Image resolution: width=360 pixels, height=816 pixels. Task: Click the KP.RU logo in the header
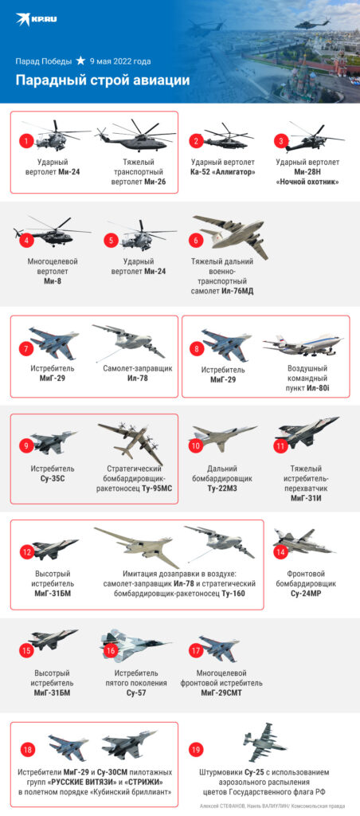tap(37, 19)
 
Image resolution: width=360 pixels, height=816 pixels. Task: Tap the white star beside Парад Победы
tap(80, 61)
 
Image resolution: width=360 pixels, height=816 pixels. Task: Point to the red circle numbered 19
tap(196, 750)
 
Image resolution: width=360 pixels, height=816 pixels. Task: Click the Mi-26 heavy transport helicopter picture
tap(136, 135)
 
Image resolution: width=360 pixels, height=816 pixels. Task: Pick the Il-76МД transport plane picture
tap(231, 235)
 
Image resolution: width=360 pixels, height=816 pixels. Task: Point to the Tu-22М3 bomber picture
tap(223, 437)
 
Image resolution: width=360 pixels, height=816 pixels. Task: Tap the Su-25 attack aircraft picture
tap(264, 742)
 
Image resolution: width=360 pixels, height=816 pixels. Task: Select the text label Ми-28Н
tap(307, 172)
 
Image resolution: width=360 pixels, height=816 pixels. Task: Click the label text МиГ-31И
tap(307, 498)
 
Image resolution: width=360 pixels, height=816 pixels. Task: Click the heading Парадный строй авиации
tap(103, 80)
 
